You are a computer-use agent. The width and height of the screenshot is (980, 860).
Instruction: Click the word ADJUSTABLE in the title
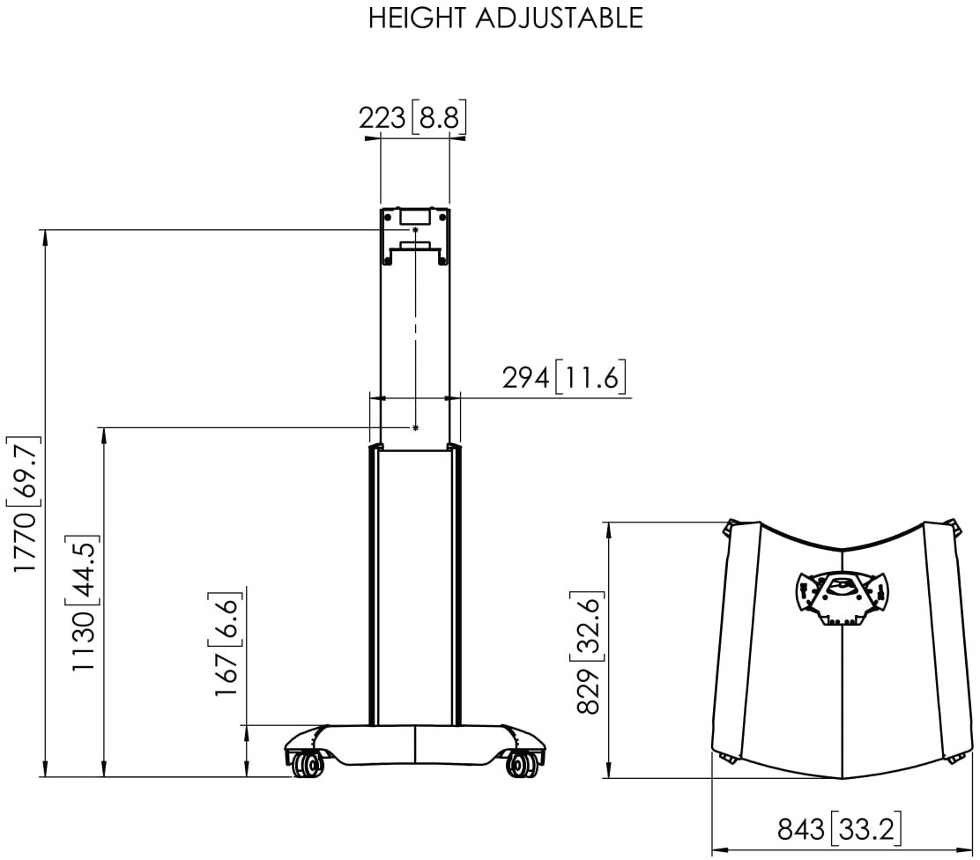point(560,19)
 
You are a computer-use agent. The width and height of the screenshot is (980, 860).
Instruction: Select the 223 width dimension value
point(382,117)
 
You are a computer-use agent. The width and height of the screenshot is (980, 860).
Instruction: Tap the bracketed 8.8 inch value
point(439,117)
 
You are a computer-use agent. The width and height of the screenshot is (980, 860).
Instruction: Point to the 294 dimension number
point(526,377)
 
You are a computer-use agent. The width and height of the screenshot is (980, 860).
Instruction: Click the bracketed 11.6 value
point(590,377)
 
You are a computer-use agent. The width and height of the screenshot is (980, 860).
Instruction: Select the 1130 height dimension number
point(83,641)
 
